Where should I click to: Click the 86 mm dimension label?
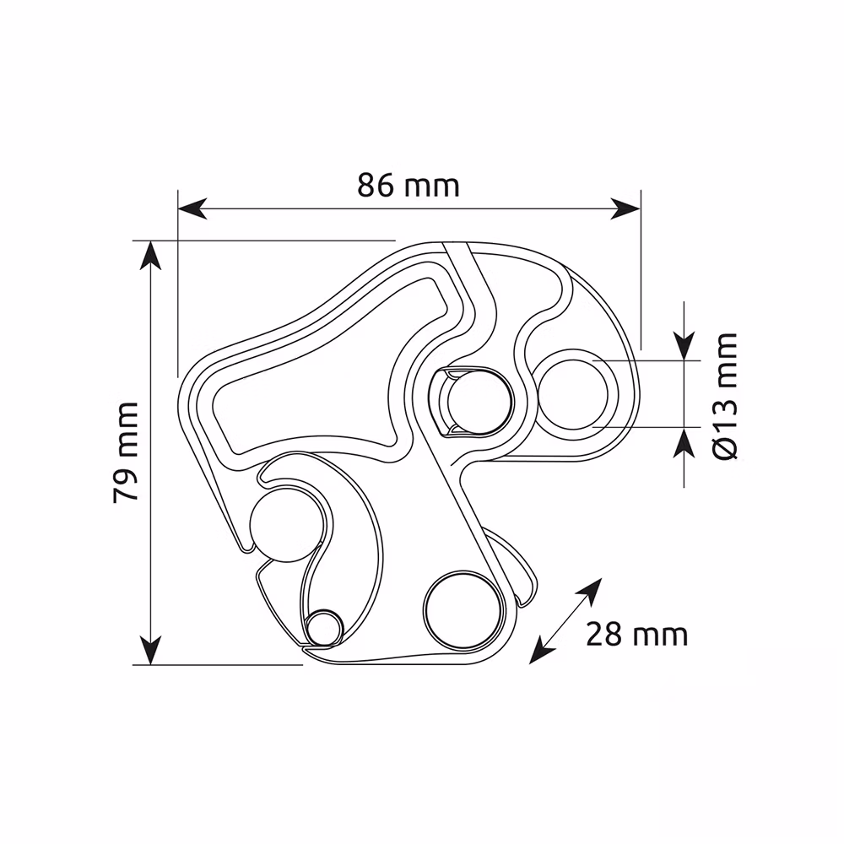[408, 186]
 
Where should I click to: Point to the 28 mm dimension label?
[636, 635]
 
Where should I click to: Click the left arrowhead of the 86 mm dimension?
[192, 208]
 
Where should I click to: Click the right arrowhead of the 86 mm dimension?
[625, 208]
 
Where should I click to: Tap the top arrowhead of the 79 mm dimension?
[151, 255]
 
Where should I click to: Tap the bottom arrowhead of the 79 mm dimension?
[151, 650]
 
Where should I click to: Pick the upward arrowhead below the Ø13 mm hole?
[684, 442]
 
